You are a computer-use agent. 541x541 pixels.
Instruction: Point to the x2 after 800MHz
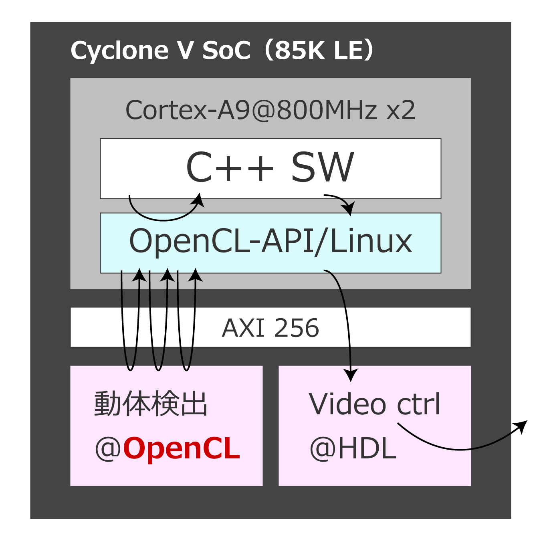click(x=401, y=111)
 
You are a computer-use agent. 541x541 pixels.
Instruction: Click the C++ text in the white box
click(x=230, y=168)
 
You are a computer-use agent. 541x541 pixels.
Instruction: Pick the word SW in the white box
click(x=322, y=168)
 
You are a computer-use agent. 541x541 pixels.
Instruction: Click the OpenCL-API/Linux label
click(x=270, y=241)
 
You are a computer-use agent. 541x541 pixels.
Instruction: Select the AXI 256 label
click(x=270, y=328)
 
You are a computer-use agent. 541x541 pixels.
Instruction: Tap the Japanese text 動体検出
click(x=151, y=404)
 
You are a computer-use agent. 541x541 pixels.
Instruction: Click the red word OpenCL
click(x=182, y=448)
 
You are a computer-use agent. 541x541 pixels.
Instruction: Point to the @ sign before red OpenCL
click(x=107, y=449)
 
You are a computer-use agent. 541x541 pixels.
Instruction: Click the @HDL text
click(x=353, y=449)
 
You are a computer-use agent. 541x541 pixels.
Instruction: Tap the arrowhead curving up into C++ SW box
click(x=199, y=200)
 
